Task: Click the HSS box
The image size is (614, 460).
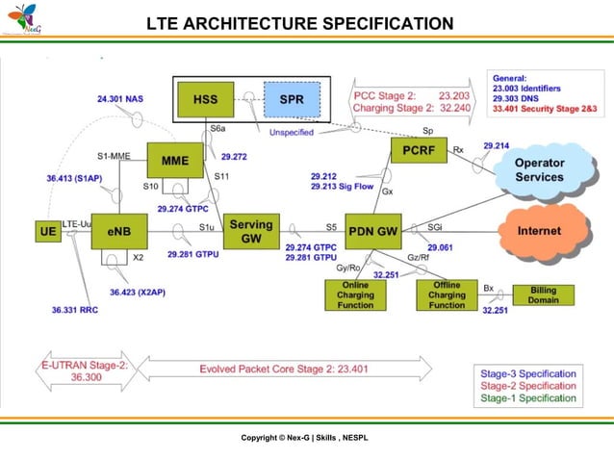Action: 205,99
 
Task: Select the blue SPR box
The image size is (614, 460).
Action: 290,99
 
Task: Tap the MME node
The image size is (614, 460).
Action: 175,159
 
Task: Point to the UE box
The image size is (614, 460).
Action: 46,232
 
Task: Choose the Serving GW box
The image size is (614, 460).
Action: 250,231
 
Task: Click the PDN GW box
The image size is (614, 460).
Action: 372,231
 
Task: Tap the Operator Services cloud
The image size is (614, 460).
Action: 539,170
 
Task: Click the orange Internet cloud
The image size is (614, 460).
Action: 539,231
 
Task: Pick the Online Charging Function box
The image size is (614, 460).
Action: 355,294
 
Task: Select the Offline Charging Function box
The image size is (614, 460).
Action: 447,294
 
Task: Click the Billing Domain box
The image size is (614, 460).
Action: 543,294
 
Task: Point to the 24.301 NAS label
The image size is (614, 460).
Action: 120,98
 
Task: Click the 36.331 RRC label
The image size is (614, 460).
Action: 73,310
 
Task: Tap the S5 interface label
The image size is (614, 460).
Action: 330,227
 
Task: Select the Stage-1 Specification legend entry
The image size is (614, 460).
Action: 528,397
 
